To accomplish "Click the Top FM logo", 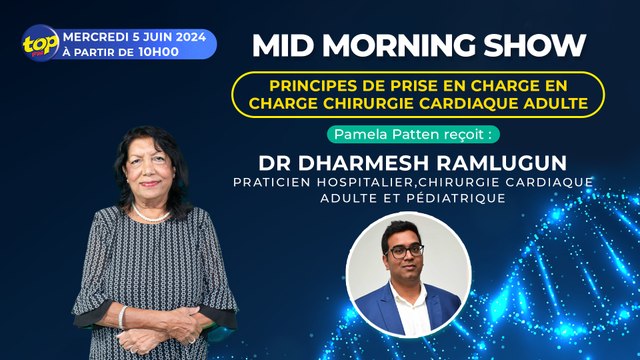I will (x=41, y=45).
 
